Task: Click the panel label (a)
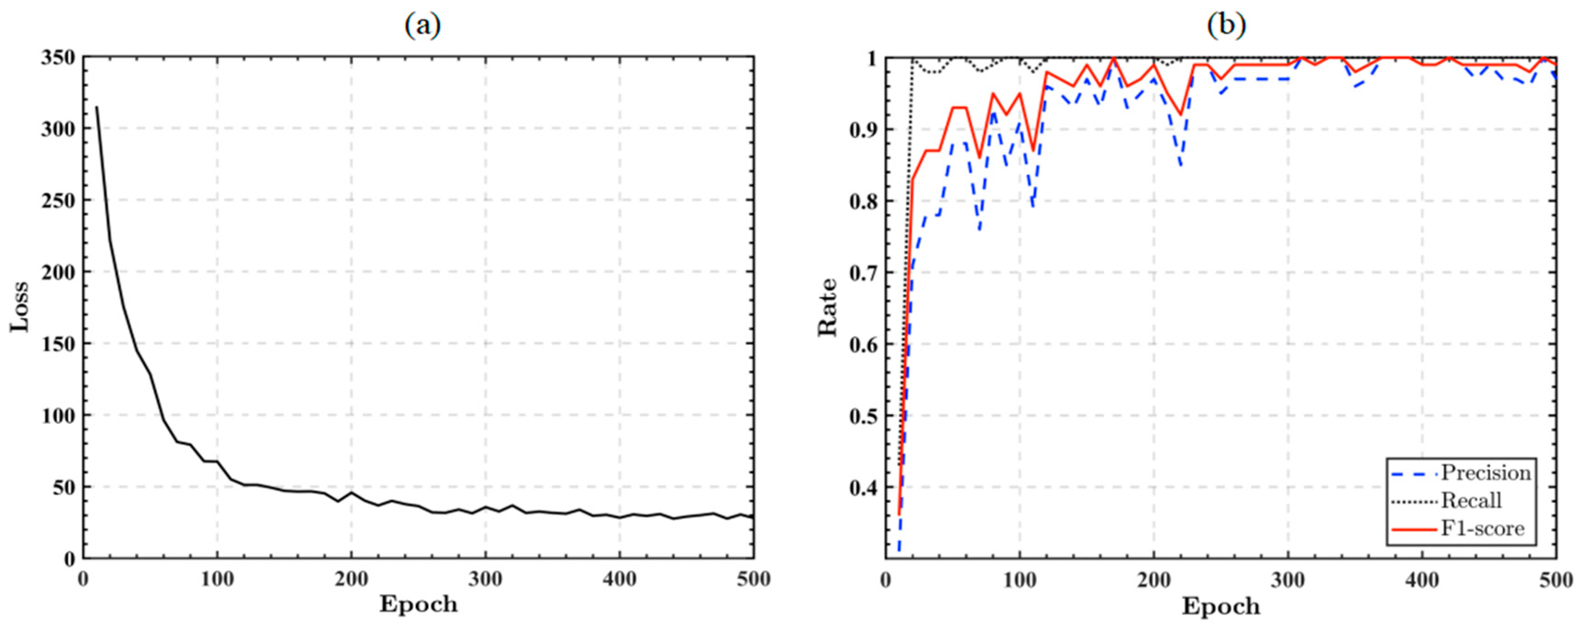[x=423, y=26]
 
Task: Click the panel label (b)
[x=1226, y=26]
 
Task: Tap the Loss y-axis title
[x=20, y=307]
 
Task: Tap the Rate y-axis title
[x=828, y=307]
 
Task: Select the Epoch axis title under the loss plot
[x=419, y=605]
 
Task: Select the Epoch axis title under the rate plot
[x=1221, y=606]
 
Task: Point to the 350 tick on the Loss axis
[x=58, y=58]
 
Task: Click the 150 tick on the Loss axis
[x=58, y=343]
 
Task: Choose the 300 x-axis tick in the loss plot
[x=485, y=579]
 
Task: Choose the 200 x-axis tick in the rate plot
[x=1153, y=579]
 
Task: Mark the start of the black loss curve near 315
[x=96, y=108]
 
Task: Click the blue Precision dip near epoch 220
[x=1180, y=165]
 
